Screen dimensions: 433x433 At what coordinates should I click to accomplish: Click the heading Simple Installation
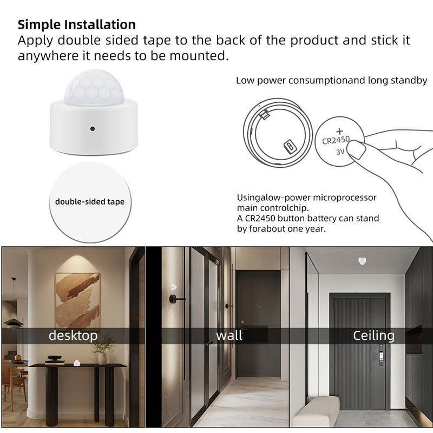(x=77, y=24)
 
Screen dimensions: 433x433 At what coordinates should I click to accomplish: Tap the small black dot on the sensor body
(x=93, y=129)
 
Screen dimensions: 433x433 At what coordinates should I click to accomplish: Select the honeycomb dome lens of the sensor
(x=94, y=88)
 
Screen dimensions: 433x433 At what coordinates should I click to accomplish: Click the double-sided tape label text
(x=90, y=201)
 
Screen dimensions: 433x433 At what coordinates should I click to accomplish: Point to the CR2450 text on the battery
(x=336, y=140)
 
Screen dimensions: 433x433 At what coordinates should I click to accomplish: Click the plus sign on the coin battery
(x=339, y=132)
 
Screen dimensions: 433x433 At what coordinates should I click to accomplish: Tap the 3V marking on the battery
(x=340, y=152)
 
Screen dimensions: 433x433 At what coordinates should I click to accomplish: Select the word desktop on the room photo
(x=73, y=336)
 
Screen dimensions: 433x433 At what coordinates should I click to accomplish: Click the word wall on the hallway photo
(x=229, y=336)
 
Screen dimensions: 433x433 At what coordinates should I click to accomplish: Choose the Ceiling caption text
(x=373, y=336)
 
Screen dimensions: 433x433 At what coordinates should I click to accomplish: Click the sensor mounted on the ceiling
(x=362, y=261)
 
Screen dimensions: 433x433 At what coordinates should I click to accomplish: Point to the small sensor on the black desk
(x=77, y=363)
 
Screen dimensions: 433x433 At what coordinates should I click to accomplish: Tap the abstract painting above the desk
(x=77, y=300)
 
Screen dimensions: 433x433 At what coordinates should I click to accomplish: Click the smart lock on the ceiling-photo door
(x=381, y=356)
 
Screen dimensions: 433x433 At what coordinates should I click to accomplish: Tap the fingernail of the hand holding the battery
(x=356, y=150)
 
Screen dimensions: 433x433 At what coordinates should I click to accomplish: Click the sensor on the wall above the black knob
(x=173, y=287)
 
